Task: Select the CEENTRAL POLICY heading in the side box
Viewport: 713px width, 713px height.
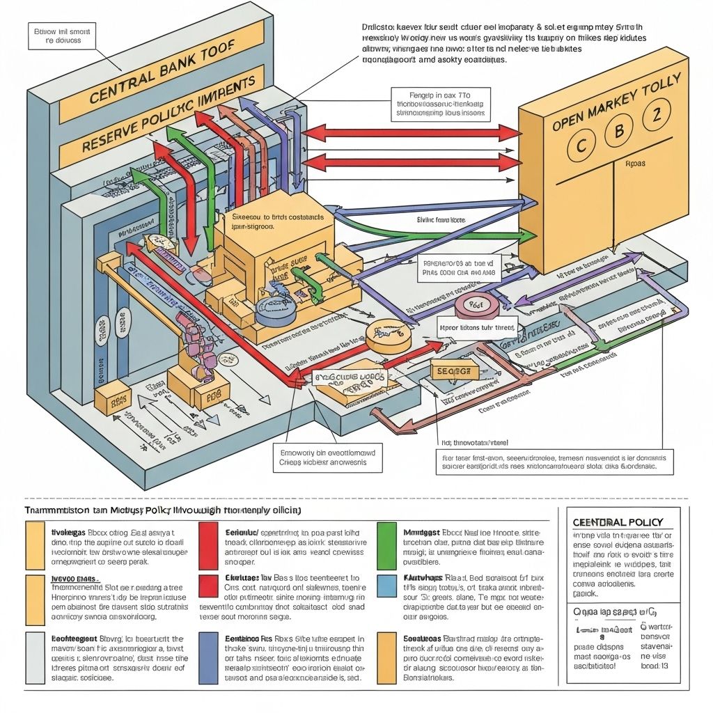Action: (x=617, y=522)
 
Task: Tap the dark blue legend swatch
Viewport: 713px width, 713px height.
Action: (x=208, y=658)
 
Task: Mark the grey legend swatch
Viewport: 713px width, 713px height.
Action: (x=34, y=658)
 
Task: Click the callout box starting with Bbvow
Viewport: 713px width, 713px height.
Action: (x=63, y=36)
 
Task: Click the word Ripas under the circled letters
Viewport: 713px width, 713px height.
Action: (x=634, y=165)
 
